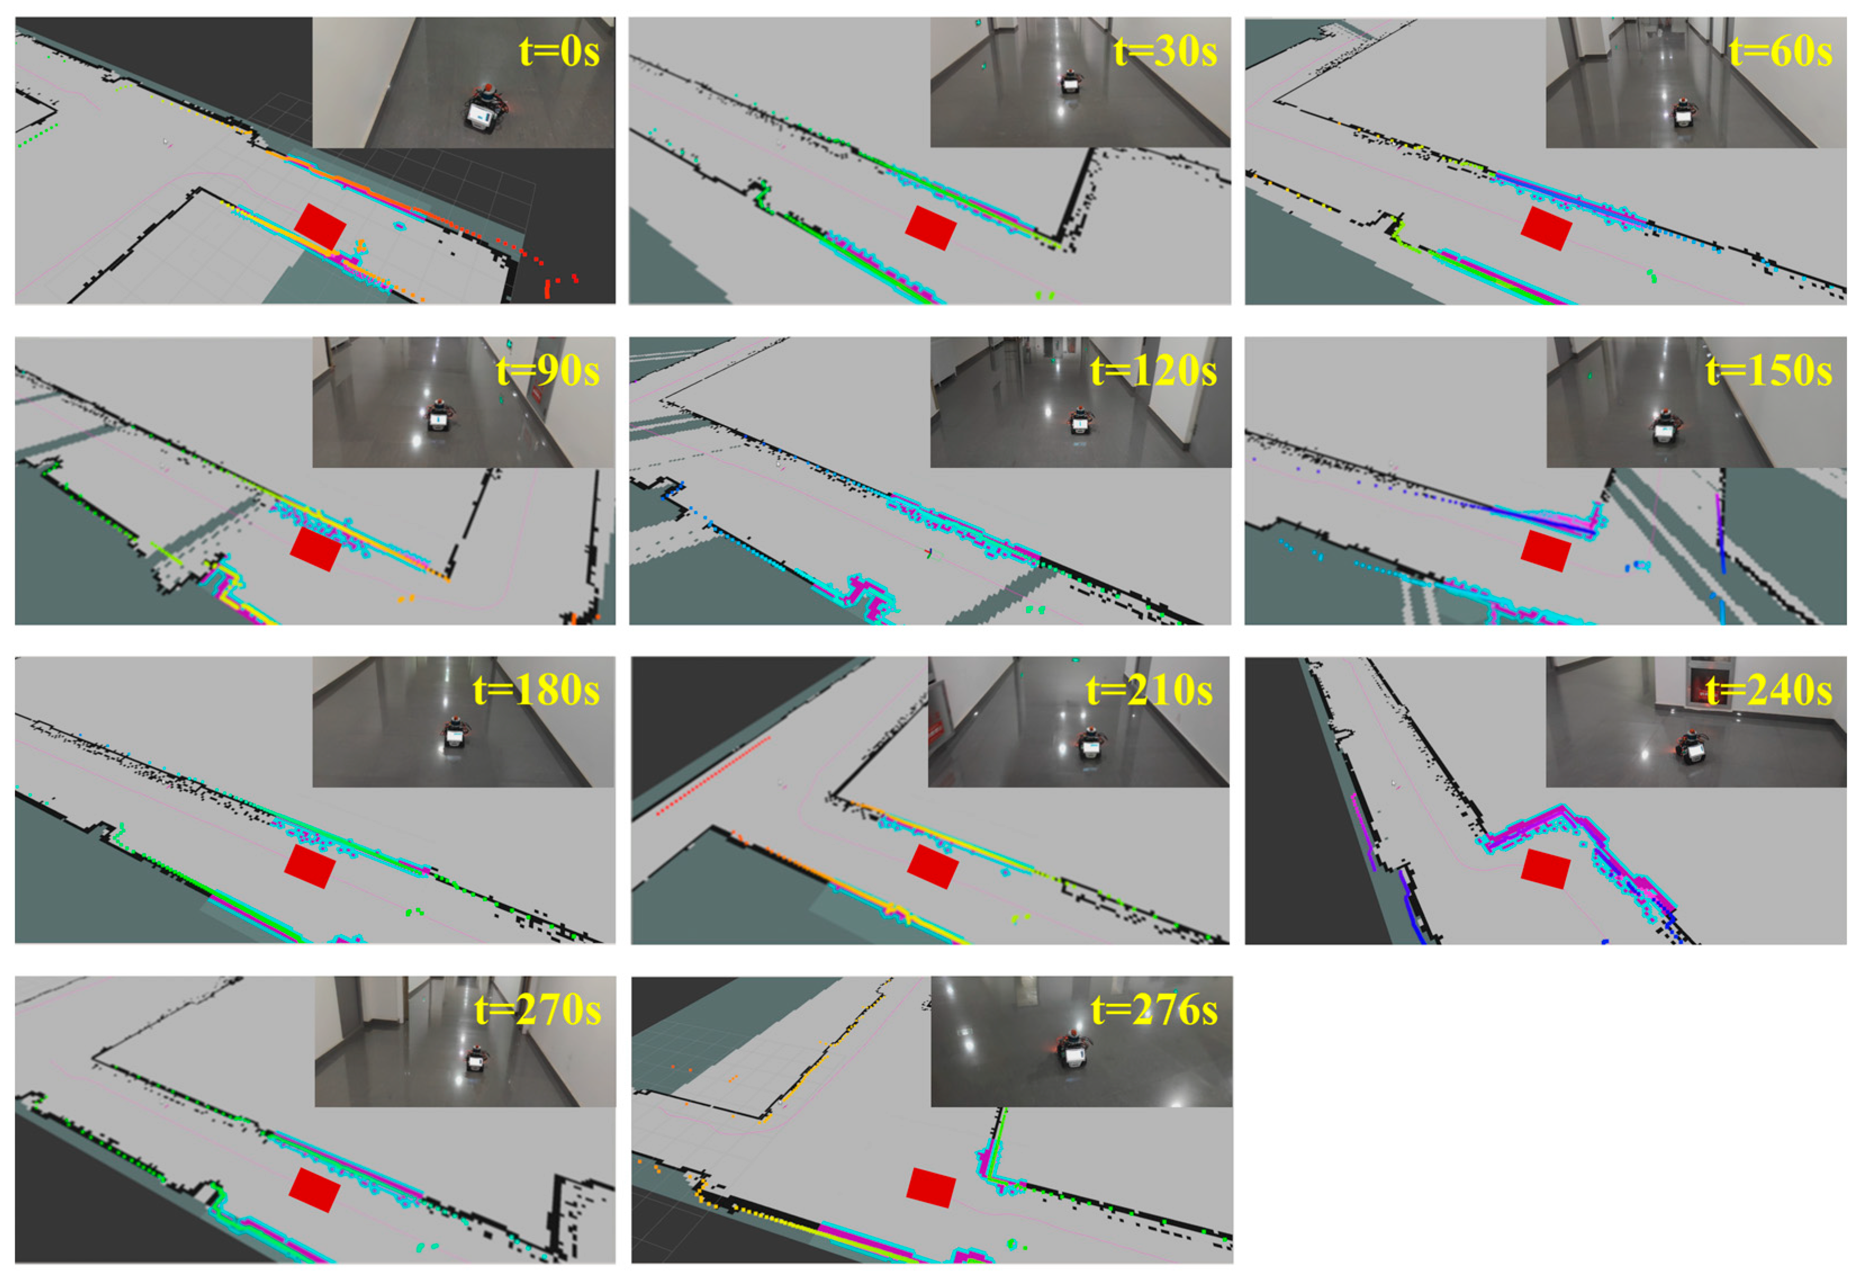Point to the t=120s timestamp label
[x=1153, y=371]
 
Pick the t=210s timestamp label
[x=1149, y=690]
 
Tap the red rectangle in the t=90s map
[x=315, y=548]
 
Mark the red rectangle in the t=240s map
[x=1546, y=869]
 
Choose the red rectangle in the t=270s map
[x=314, y=1189]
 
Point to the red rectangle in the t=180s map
[x=310, y=866]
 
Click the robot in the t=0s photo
[x=485, y=107]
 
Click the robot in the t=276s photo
[x=1075, y=1049]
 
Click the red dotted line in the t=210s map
[x=714, y=775]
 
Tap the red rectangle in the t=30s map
[x=931, y=227]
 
